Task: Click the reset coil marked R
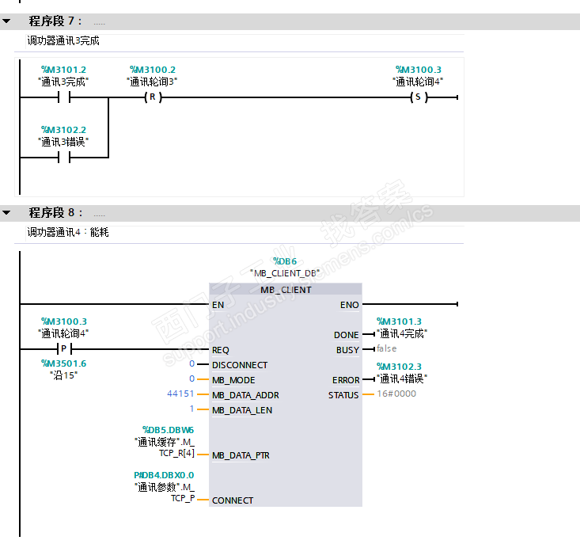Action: pyautogui.click(x=151, y=98)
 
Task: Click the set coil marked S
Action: pyautogui.click(x=417, y=98)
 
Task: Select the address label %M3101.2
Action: pyautogui.click(x=63, y=70)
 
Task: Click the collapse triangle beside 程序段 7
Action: pyautogui.click(x=7, y=21)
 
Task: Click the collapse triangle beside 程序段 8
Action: pyautogui.click(x=7, y=213)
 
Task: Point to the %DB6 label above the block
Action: pyautogui.click(x=285, y=261)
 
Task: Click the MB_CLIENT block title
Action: pyautogui.click(x=286, y=290)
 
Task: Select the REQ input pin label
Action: pyautogui.click(x=221, y=350)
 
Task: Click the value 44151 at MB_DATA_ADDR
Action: pyautogui.click(x=180, y=394)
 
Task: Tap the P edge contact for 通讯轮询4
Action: pyautogui.click(x=63, y=349)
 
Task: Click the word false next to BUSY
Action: pyautogui.click(x=387, y=349)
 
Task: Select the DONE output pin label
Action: pyautogui.click(x=346, y=335)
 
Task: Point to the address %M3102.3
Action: pyautogui.click(x=400, y=366)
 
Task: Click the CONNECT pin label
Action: pyautogui.click(x=233, y=500)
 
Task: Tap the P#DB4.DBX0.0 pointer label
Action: pyautogui.click(x=164, y=475)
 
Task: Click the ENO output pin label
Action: pyautogui.click(x=349, y=305)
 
